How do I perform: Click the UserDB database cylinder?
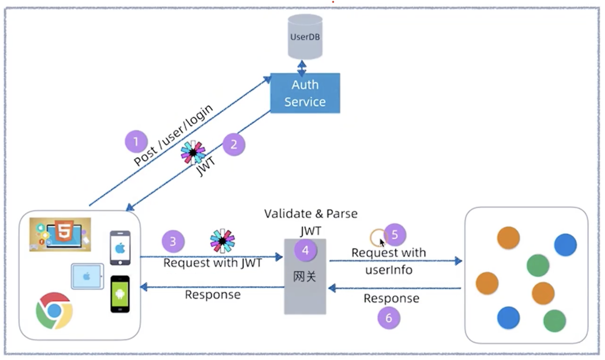click(x=305, y=37)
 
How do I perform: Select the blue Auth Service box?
click(x=305, y=93)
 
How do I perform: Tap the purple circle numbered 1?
click(x=136, y=142)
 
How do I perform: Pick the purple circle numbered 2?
click(x=234, y=144)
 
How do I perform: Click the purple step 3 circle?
click(x=173, y=241)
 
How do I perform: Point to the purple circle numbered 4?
click(x=305, y=250)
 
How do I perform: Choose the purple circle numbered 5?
click(x=395, y=235)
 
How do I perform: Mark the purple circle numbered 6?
click(x=389, y=318)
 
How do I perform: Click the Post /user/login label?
click(x=173, y=135)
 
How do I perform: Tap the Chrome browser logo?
click(x=54, y=311)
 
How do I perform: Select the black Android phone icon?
click(x=120, y=294)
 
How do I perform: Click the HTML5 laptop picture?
click(x=60, y=234)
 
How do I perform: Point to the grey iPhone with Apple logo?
click(x=120, y=248)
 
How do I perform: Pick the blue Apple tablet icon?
click(x=87, y=277)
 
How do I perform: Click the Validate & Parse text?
click(x=311, y=213)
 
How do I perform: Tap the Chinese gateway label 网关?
click(x=305, y=277)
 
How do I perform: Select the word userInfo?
click(x=389, y=270)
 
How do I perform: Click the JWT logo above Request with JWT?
click(x=222, y=241)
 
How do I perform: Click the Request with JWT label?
click(x=213, y=263)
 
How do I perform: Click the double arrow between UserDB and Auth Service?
click(x=302, y=68)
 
